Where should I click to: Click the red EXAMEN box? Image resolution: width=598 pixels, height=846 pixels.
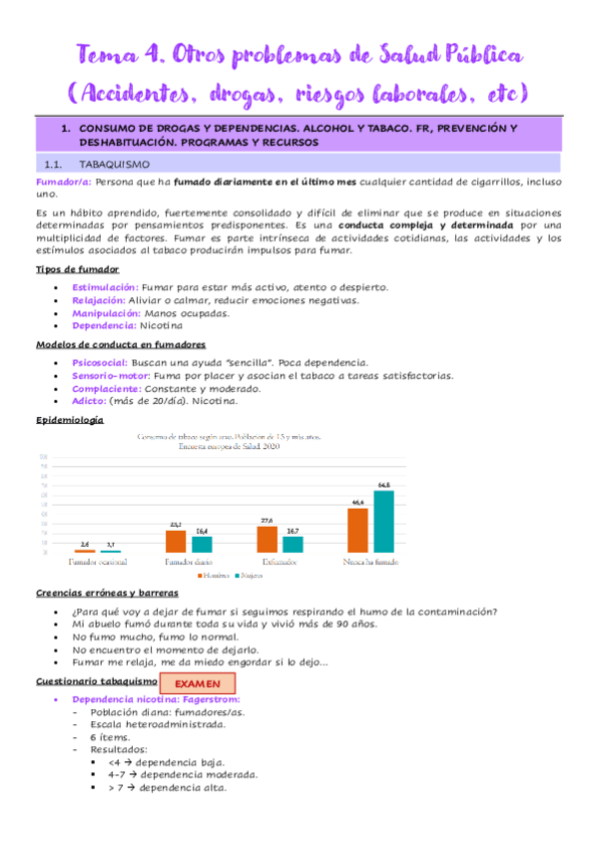click(197, 685)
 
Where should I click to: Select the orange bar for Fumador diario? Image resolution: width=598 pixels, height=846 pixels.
click(176, 540)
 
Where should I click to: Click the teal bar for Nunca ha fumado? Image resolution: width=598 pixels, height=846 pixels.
click(384, 521)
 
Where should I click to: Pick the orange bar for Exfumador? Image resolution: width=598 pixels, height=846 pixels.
click(267, 538)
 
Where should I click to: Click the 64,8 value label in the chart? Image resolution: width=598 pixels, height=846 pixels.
click(384, 484)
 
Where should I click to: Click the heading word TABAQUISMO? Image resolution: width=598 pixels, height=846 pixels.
click(114, 164)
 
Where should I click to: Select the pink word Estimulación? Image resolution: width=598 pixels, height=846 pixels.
click(104, 287)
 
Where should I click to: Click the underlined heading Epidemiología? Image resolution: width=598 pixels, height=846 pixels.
click(69, 420)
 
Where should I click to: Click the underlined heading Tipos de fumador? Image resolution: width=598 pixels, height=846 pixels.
click(76, 269)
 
